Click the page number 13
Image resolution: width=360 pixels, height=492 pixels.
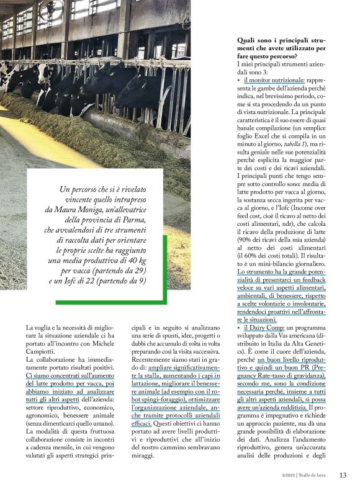point(343,475)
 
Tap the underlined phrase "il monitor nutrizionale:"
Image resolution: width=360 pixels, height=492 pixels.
point(274,80)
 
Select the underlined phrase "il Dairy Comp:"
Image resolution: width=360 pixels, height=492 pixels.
point(265,327)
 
